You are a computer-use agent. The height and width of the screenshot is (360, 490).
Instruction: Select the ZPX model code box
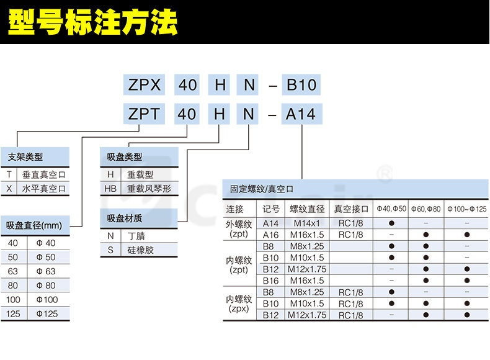click(x=144, y=84)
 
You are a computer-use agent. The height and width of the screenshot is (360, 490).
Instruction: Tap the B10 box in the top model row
click(x=301, y=84)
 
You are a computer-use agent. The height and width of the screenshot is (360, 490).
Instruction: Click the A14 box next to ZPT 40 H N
click(x=301, y=114)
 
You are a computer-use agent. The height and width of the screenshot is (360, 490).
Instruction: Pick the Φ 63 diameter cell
click(x=46, y=271)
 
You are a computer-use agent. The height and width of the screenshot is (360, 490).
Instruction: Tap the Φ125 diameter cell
click(x=46, y=313)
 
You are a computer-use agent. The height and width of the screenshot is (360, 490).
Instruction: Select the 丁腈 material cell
click(x=136, y=236)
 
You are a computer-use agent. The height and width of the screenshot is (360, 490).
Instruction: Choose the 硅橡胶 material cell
click(x=140, y=250)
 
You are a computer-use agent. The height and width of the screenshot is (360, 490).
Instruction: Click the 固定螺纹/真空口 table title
click(x=262, y=189)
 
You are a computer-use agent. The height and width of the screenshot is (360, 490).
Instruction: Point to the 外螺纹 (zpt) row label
click(x=239, y=228)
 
